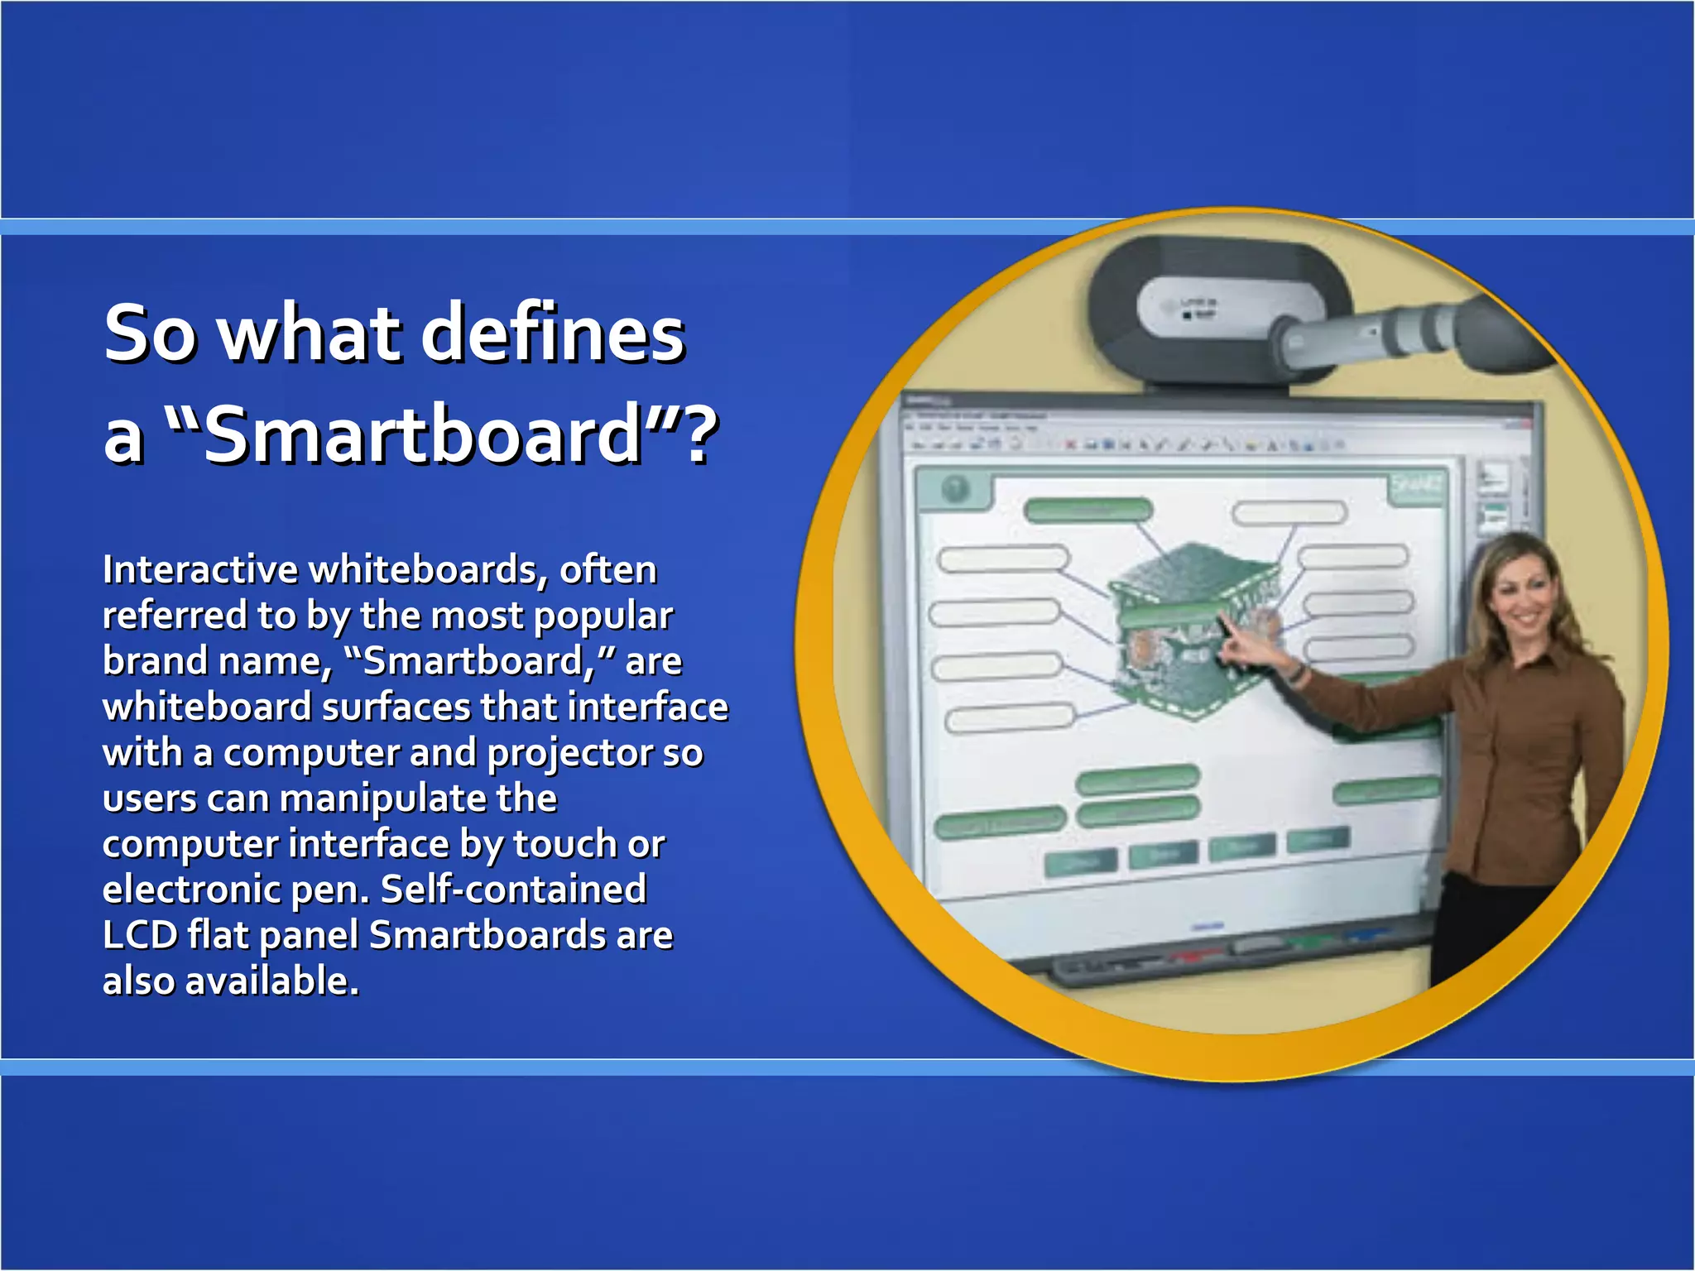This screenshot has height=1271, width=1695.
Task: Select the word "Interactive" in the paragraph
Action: click(x=200, y=570)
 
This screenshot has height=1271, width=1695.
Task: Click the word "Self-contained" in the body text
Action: click(x=513, y=890)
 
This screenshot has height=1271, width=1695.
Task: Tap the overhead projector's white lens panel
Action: click(x=1179, y=306)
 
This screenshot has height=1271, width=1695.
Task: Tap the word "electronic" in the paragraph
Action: click(x=190, y=890)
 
